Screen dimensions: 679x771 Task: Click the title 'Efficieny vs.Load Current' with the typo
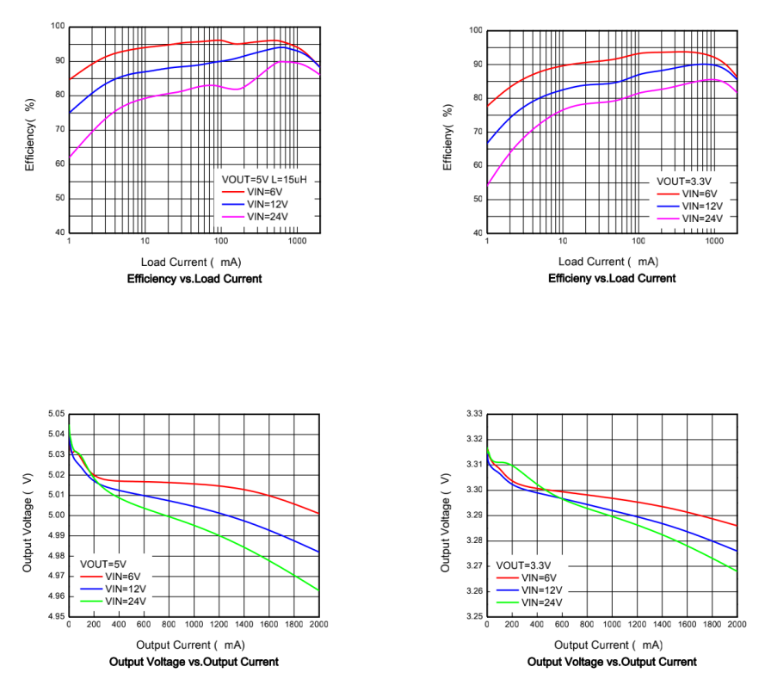612,278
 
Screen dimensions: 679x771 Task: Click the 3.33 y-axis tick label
472,414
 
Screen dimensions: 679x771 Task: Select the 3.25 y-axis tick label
472,616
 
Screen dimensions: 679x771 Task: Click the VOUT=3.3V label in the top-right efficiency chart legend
684,182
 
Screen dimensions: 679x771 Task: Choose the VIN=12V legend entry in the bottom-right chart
537,590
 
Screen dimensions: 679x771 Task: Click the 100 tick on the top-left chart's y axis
57,27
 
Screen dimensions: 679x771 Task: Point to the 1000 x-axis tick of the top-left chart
297,242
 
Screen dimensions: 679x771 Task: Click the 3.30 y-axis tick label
472,490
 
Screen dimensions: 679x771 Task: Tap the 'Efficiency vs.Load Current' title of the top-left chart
194,279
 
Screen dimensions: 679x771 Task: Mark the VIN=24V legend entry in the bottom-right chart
537,602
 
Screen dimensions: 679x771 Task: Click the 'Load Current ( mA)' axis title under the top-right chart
610,261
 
